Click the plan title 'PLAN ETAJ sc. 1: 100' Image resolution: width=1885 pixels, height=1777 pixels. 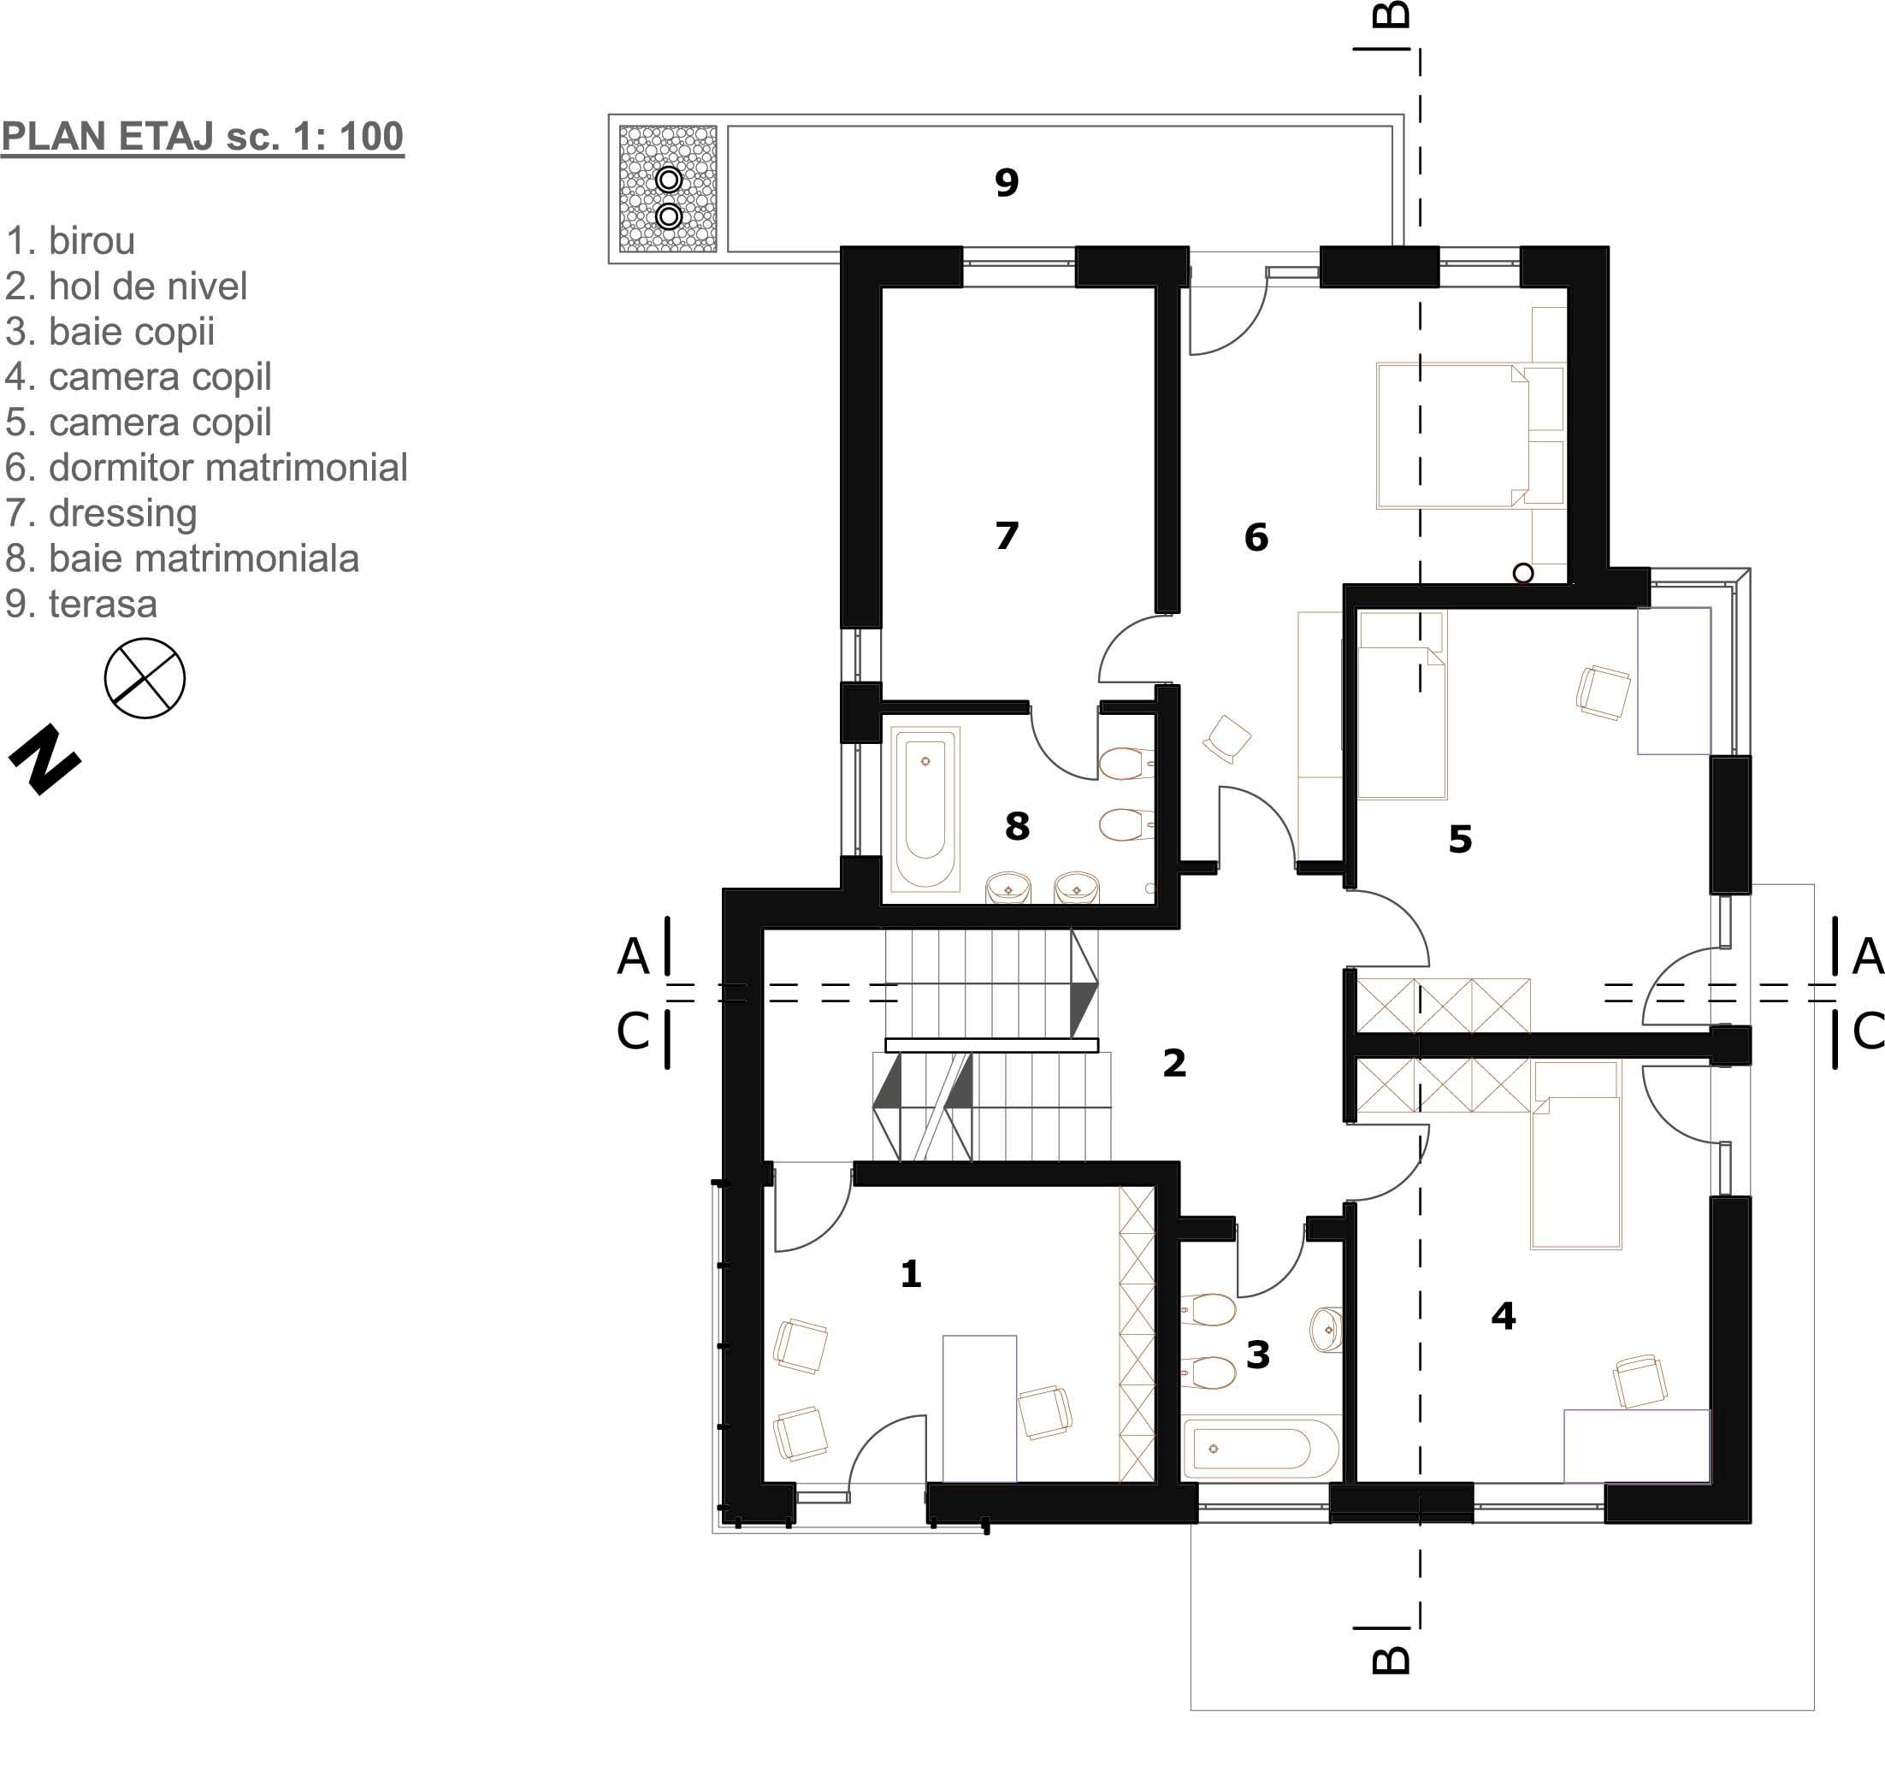[203, 137]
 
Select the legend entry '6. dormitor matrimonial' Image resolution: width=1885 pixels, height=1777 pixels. [206, 468]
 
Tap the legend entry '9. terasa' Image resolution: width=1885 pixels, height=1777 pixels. [81, 604]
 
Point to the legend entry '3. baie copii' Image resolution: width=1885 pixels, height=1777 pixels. [110, 332]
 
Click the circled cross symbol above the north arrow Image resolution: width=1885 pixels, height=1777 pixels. [145, 678]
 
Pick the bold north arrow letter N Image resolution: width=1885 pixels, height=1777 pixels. [44, 759]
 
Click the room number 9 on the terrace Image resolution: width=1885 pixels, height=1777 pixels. [1007, 182]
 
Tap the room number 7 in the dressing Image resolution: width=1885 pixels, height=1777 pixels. [1007, 536]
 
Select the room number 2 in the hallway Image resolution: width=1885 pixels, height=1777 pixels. [1175, 1063]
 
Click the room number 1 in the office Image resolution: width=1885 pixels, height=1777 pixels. [911, 1273]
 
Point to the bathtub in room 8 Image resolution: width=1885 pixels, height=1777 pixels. [925, 809]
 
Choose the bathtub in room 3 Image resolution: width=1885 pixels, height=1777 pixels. [1262, 1448]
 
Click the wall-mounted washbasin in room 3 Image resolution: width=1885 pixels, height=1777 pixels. [1327, 1330]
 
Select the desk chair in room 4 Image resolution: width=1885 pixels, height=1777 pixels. [1640, 1382]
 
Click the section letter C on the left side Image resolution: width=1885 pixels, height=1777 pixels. [632, 1031]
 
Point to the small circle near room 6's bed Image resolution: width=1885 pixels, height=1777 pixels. [1522, 573]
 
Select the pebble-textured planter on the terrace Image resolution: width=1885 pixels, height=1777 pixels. [669, 189]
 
